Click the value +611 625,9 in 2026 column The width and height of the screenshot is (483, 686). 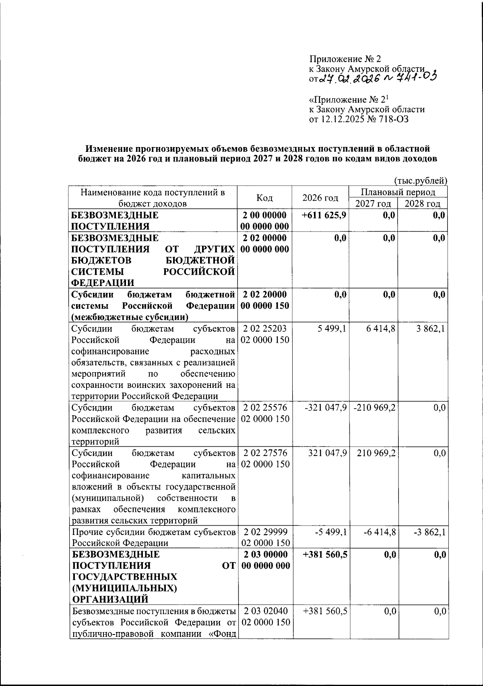tap(324, 215)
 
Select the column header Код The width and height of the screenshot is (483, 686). tap(264, 198)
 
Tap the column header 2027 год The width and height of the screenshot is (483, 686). tap(373, 203)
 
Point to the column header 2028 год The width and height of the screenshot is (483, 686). tap(422, 203)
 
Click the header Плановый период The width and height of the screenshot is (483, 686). tap(398, 192)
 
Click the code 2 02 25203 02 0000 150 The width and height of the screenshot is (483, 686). tap(265, 334)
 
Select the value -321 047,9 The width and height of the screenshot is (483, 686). tap(326, 408)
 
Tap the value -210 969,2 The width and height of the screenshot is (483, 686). tap(375, 408)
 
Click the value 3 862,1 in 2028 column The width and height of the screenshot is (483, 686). tap(431, 329)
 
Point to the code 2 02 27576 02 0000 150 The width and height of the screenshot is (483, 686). tap(265, 458)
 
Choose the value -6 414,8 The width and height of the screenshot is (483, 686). tap(380, 532)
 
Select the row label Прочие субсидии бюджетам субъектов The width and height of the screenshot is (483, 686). tap(153, 532)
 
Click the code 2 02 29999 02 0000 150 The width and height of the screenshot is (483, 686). tap(265, 537)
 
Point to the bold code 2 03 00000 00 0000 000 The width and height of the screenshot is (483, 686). tap(265, 560)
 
